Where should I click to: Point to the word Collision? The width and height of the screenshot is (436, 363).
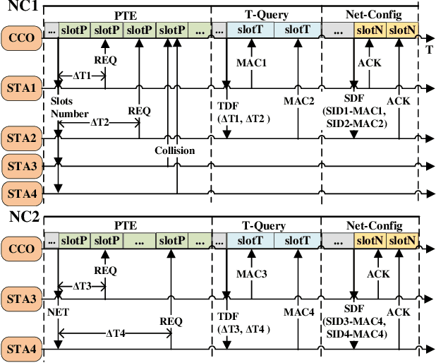point(175,150)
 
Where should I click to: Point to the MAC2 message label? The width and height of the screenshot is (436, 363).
point(298,100)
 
